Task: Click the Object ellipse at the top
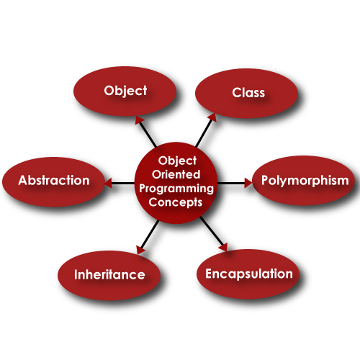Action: point(125,91)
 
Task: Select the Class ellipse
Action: point(248,93)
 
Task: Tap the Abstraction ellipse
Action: point(54,181)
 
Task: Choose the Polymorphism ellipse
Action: point(305,181)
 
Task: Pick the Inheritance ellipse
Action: point(109,274)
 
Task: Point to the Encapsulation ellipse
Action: point(248,274)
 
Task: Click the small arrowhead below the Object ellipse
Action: point(140,120)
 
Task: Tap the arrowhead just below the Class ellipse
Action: point(212,117)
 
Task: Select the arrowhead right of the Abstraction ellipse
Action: point(108,184)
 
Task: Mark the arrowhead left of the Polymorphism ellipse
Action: point(248,183)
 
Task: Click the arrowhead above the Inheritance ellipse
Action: point(140,250)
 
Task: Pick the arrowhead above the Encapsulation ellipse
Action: point(222,248)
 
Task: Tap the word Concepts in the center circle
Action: point(176,202)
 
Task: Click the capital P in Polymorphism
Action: point(265,181)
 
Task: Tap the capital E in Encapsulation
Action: point(210,274)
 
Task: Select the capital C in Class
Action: point(236,93)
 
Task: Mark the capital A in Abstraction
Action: point(23,181)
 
